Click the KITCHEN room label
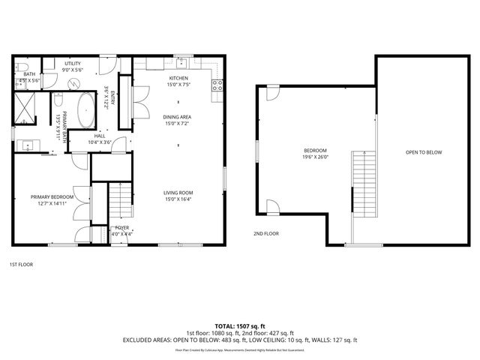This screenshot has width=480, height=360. coord(178,79)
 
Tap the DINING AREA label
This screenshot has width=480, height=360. coord(178,117)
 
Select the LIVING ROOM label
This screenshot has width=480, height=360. coord(178,193)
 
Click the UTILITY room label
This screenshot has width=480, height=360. coord(73,64)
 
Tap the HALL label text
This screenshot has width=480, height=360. coord(99,136)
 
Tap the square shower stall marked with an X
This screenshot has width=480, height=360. coord(25,108)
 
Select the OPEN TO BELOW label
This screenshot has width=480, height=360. coord(424,152)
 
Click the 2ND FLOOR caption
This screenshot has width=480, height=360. coord(265,233)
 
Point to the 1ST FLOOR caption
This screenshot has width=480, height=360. coord(21,264)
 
